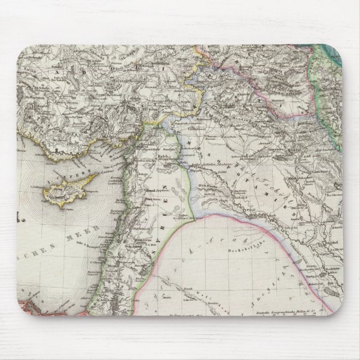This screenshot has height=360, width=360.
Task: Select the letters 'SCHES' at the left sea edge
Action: (x=34, y=246)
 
